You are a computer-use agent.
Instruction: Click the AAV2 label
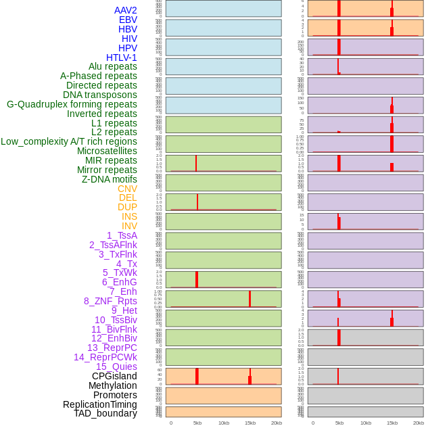point(125,10)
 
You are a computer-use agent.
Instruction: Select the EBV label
point(128,20)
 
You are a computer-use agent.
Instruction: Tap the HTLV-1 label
point(121,57)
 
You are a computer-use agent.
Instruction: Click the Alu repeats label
point(112,66)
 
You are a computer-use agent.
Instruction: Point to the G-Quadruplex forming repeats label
point(72,104)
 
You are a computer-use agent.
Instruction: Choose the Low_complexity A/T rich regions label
point(68,141)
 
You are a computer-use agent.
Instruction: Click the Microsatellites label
point(107,151)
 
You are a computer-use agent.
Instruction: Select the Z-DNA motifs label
point(109,179)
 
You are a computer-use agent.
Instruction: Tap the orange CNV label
point(127,189)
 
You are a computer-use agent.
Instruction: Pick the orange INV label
point(129,226)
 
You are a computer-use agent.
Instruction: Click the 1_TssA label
point(122,235)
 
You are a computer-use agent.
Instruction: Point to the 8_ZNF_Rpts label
point(110,301)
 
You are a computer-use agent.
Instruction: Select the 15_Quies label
point(116,366)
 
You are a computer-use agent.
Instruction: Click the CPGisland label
point(114,376)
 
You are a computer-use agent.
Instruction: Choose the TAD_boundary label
point(105,413)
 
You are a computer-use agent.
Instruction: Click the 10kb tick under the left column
point(224,423)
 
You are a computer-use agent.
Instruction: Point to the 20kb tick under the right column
point(419,423)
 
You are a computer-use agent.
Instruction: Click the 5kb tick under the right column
point(339,423)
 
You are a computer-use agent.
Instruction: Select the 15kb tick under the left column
point(250,423)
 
